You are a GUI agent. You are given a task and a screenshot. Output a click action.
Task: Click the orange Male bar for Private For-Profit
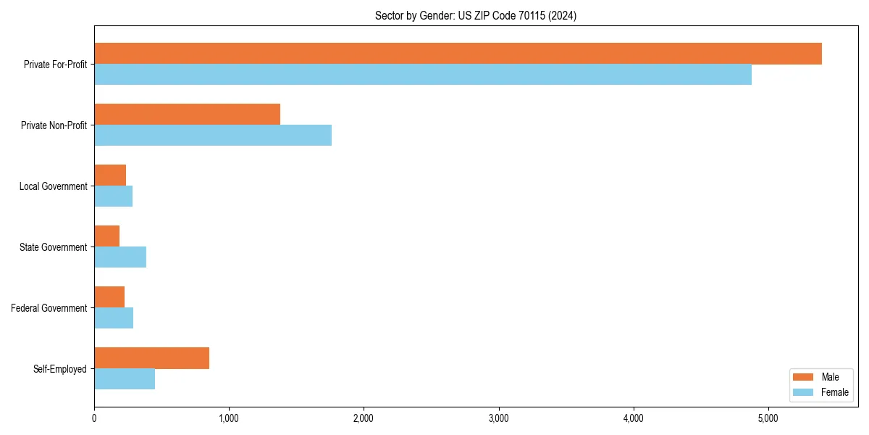pyautogui.click(x=458, y=54)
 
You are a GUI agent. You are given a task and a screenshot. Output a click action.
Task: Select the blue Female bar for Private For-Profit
pyautogui.click(x=423, y=75)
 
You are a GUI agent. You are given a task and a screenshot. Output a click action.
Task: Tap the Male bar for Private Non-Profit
pyautogui.click(x=187, y=115)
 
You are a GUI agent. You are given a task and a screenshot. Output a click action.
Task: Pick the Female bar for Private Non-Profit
pyautogui.click(x=213, y=136)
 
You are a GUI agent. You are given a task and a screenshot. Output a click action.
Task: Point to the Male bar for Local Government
pyautogui.click(x=110, y=175)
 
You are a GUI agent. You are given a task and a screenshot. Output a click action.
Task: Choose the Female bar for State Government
pyautogui.click(x=120, y=257)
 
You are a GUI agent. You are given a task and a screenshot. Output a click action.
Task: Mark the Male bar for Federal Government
pyautogui.click(x=109, y=297)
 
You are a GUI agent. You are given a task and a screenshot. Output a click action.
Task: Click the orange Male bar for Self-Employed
pyautogui.click(x=151, y=358)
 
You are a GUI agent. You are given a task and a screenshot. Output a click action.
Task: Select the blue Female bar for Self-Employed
pyautogui.click(x=125, y=379)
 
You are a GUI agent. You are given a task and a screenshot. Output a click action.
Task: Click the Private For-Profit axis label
pyautogui.click(x=55, y=65)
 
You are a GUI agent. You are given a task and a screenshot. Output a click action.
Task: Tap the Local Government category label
pyautogui.click(x=53, y=186)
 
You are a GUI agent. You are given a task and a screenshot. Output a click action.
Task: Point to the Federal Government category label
pyautogui.click(x=49, y=308)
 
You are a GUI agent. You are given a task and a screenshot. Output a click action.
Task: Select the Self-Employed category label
pyautogui.click(x=59, y=369)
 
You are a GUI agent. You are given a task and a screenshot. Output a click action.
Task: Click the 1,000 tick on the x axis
pyautogui.click(x=229, y=418)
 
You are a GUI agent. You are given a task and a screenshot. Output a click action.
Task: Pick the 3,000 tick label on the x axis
pyautogui.click(x=498, y=418)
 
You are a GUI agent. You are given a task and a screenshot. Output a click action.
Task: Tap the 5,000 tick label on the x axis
pyautogui.click(x=768, y=418)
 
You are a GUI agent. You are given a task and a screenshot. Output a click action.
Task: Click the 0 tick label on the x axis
pyautogui.click(x=94, y=418)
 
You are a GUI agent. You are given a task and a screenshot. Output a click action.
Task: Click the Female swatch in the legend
pyautogui.click(x=803, y=392)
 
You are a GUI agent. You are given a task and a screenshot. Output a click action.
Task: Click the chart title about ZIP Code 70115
pyautogui.click(x=476, y=16)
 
